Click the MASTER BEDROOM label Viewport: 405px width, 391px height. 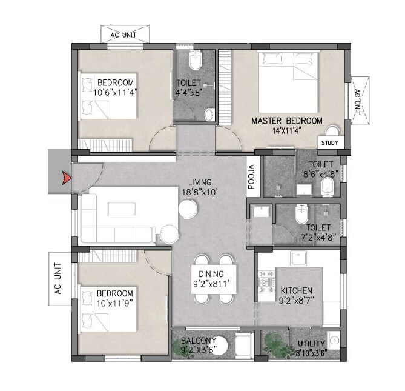pos(286,121)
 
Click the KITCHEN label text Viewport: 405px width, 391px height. pos(295,290)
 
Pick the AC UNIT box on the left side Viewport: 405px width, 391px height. pos(58,278)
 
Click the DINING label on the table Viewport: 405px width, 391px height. pos(209,274)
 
